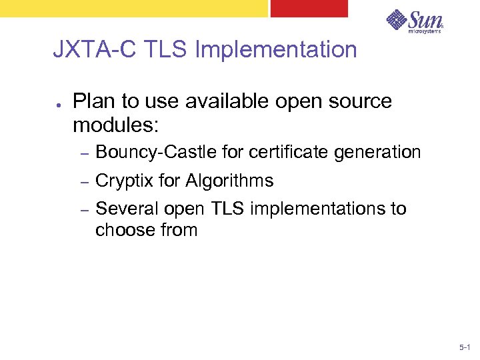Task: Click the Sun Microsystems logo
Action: coord(414,22)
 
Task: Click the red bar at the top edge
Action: coord(309,8)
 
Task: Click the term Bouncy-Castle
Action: coord(156,153)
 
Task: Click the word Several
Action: coord(127,209)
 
